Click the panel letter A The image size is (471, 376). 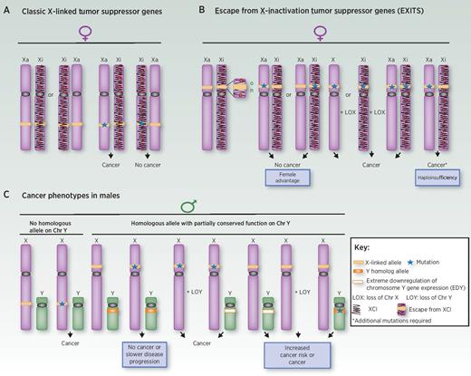coord(7,7)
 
